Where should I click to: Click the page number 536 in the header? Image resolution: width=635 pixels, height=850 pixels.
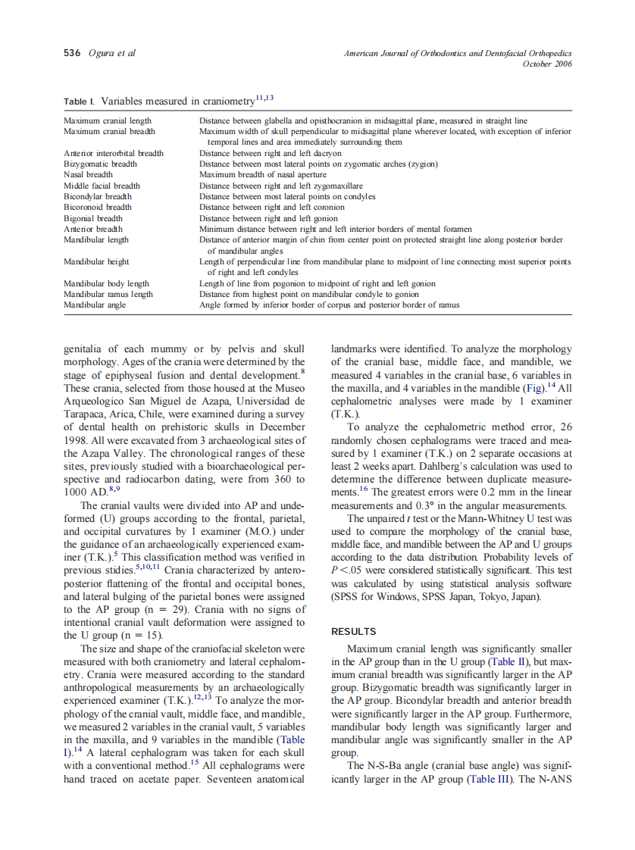72,53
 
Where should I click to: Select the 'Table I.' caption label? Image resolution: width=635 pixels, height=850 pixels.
79,101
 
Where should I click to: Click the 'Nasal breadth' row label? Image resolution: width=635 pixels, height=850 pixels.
88,175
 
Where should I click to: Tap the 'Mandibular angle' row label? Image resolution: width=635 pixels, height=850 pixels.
95,305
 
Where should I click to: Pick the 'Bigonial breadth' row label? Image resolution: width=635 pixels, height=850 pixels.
93,218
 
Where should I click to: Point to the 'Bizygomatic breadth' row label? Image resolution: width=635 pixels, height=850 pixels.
100,164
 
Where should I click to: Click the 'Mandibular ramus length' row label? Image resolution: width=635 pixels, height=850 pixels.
108,295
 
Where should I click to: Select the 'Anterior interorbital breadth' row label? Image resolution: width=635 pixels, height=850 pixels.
113,153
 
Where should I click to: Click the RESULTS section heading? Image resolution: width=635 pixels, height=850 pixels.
354,631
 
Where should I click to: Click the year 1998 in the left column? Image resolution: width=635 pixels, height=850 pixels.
78,440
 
